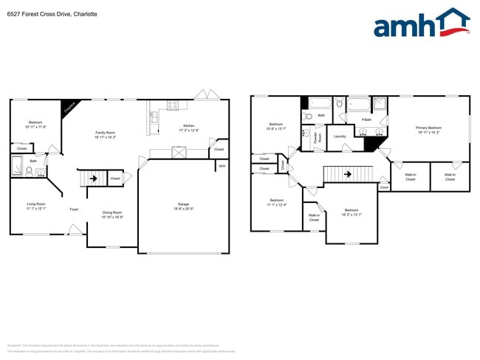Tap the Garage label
click(183, 204)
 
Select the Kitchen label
click(189, 125)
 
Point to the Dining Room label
click(112, 212)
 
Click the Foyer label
click(74, 210)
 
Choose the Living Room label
click(36, 204)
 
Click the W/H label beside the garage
click(222, 166)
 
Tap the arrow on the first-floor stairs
click(93, 179)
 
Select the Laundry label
click(340, 136)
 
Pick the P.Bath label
click(366, 120)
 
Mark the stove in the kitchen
click(172, 105)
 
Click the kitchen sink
click(154, 117)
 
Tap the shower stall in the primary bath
click(380, 104)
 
